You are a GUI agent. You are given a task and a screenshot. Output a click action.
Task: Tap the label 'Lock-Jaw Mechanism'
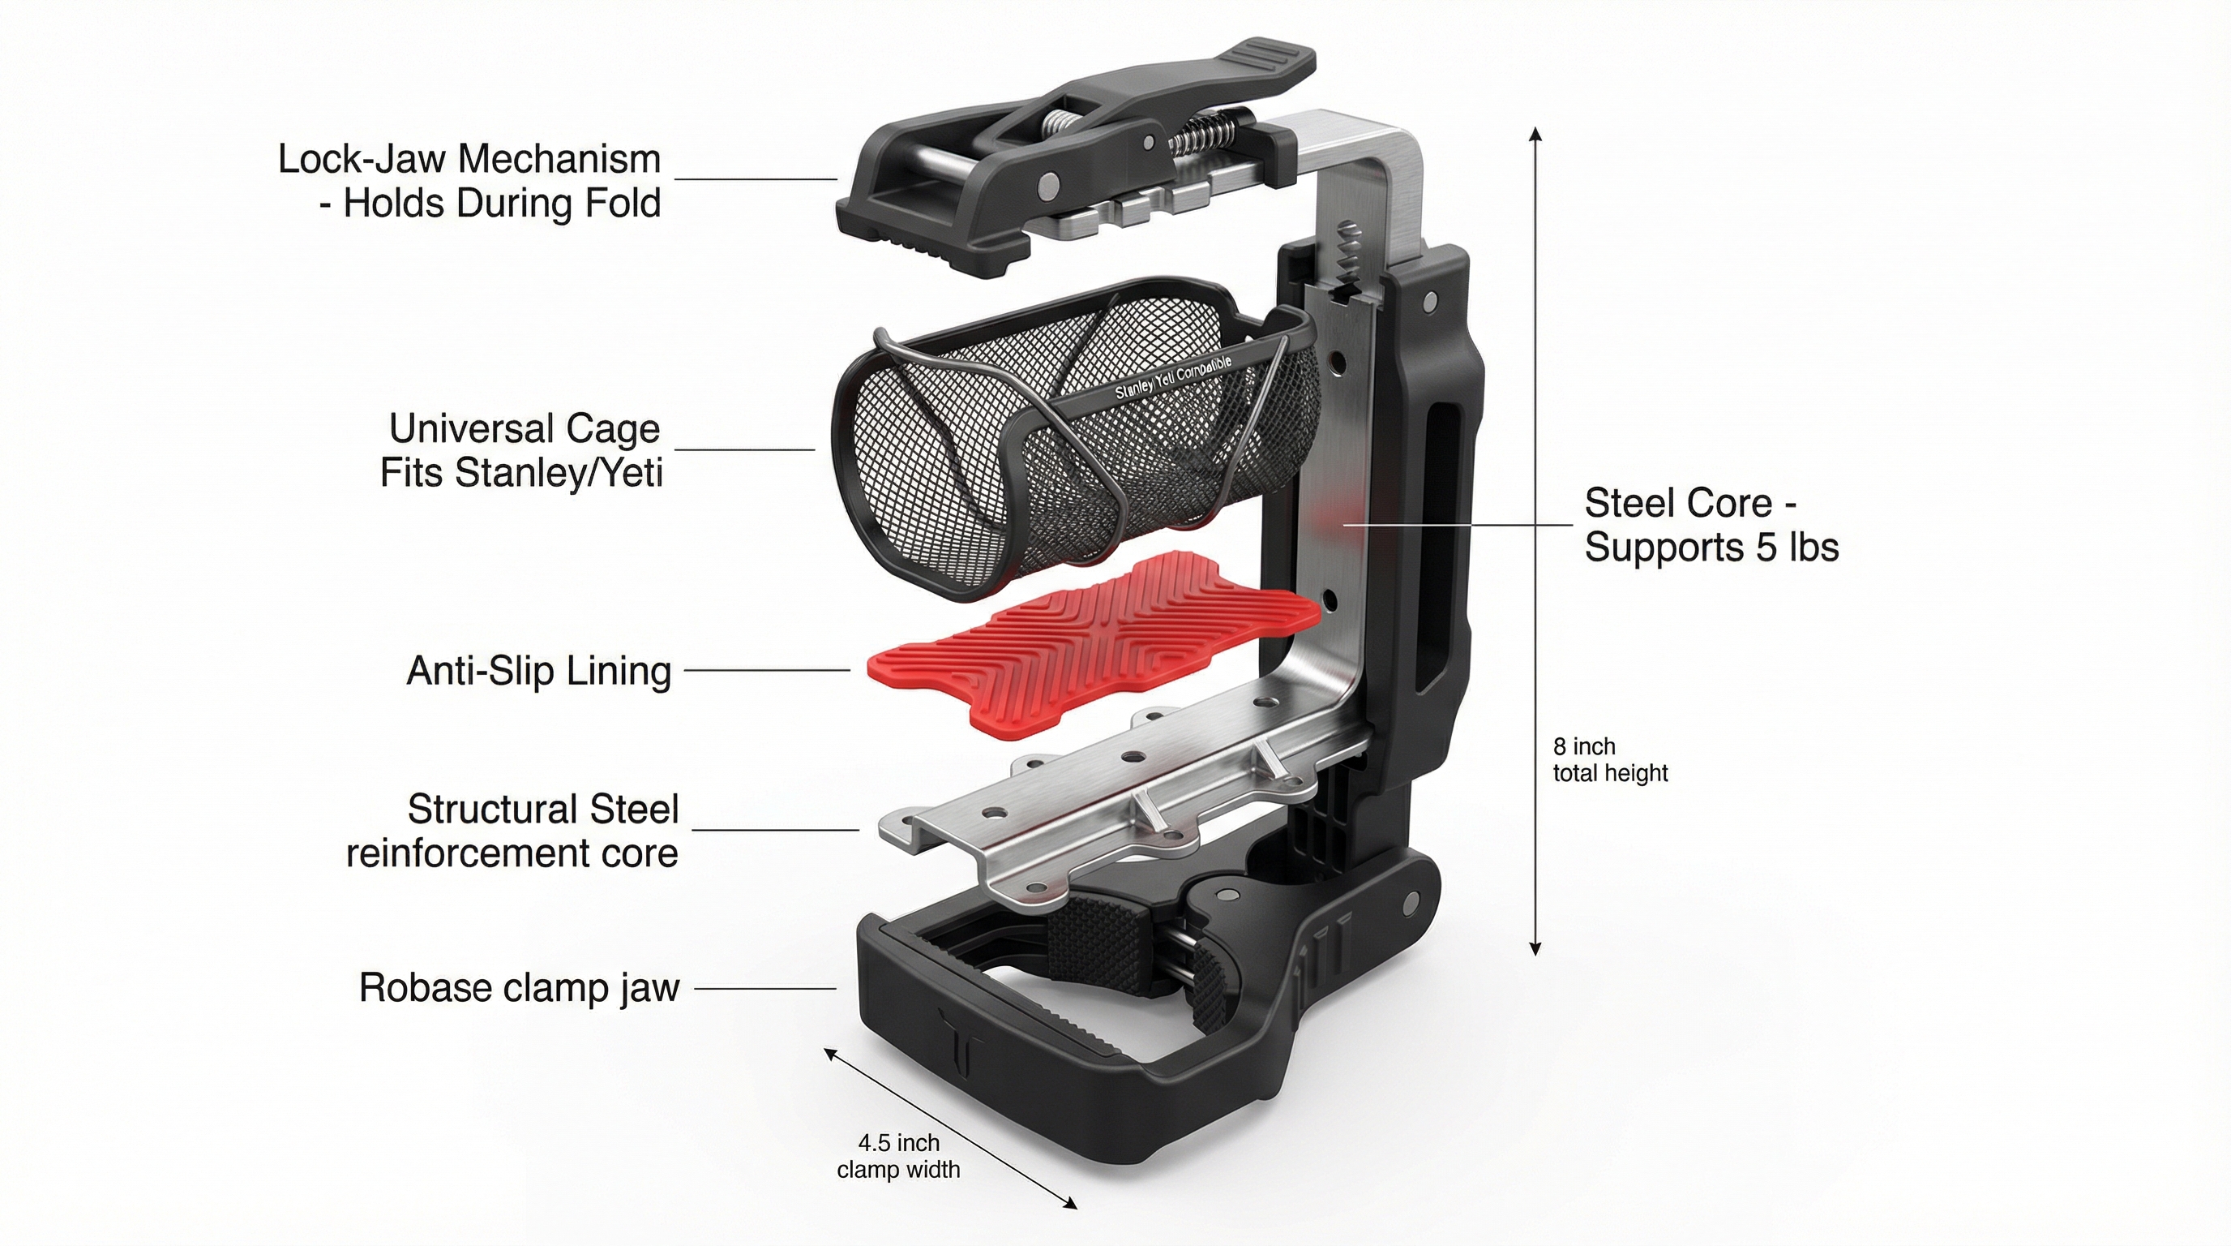[469, 160]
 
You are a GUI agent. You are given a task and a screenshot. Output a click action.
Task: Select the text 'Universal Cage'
[524, 429]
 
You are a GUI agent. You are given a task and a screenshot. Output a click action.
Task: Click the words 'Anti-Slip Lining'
[538, 671]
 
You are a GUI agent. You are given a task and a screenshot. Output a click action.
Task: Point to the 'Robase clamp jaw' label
[519, 988]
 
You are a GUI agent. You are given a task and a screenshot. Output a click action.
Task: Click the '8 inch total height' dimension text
[1608, 759]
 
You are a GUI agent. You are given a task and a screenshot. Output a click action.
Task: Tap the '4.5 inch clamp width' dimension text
[898, 1156]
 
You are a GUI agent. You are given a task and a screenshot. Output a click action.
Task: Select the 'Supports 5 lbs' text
[1711, 548]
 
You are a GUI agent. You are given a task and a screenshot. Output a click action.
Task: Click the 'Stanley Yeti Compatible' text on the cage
[1173, 379]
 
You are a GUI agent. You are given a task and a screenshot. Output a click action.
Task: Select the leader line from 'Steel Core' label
[1455, 525]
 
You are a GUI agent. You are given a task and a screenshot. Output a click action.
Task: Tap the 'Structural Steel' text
[543, 810]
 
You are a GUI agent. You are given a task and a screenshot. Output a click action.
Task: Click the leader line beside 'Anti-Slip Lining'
[766, 670]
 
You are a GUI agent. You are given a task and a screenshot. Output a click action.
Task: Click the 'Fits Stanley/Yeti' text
[521, 473]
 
